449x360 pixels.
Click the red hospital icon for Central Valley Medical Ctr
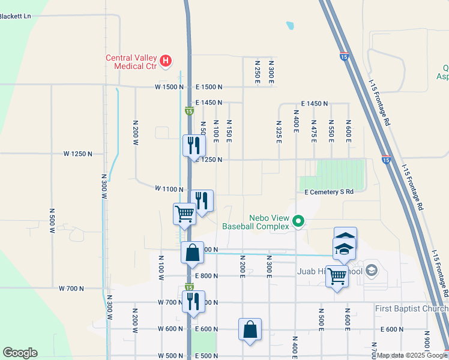(x=166, y=61)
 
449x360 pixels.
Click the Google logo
(x=20, y=353)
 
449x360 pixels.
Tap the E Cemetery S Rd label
(x=329, y=192)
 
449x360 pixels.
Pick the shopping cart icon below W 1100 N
(x=184, y=212)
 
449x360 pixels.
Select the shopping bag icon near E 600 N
(x=250, y=329)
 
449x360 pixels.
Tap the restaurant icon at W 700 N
(x=193, y=301)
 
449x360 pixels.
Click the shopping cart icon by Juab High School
(x=337, y=276)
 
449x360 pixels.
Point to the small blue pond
(x=291, y=26)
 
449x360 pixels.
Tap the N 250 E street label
(x=257, y=71)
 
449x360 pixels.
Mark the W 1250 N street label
(x=78, y=154)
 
